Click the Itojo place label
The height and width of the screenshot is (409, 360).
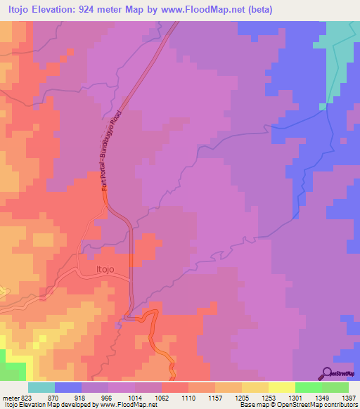[104, 268]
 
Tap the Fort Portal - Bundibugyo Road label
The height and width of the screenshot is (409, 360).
[112, 150]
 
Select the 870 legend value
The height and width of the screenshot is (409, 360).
[55, 398]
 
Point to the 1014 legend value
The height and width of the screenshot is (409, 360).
[136, 398]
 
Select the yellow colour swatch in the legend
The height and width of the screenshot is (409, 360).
[281, 387]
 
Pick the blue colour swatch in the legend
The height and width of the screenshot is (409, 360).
[68, 387]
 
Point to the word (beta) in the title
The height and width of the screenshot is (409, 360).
[258, 10]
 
